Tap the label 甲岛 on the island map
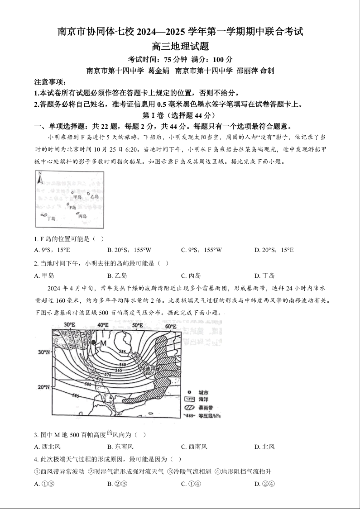coord(77,197)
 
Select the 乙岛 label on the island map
coord(94,197)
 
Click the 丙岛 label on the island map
coord(82,216)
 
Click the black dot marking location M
coord(94,343)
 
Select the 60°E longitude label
coord(170,326)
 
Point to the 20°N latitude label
coord(43,387)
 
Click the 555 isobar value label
coord(122,351)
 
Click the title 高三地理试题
coord(180,46)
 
